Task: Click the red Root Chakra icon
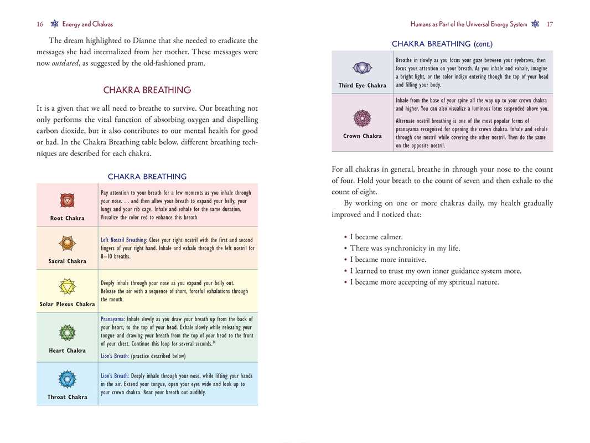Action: pos(67,200)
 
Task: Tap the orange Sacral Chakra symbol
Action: pos(67,243)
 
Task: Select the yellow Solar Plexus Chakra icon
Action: pos(67,286)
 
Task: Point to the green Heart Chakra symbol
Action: pos(67,332)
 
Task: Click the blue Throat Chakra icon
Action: pos(67,379)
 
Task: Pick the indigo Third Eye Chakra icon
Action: pos(362,68)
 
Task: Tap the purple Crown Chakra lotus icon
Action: pos(362,117)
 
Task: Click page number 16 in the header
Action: pos(40,24)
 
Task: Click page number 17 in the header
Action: pos(549,24)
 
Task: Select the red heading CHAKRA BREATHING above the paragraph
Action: pos(147,90)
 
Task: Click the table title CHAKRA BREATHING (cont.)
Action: pos(442,44)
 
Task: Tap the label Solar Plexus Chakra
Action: pos(67,304)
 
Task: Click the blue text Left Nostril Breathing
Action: pos(123,240)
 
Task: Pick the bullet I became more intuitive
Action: pos(388,260)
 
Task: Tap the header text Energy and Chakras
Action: pos(87,24)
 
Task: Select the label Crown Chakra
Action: pos(362,136)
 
